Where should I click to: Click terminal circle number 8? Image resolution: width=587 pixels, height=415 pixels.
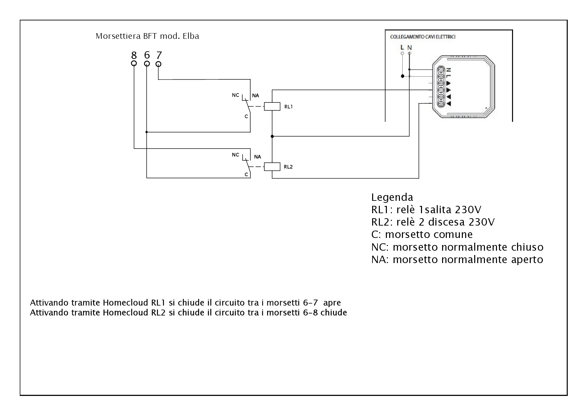coord(134,63)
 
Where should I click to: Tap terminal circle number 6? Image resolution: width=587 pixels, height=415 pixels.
coord(147,64)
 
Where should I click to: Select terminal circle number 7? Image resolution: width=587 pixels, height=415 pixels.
coord(159,64)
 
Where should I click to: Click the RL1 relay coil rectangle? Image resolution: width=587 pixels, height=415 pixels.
coord(272,106)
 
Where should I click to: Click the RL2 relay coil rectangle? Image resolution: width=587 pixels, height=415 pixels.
coord(272,167)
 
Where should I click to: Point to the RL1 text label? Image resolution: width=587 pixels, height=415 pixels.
coord(288,107)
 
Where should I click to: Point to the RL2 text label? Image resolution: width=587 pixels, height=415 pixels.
coord(288,167)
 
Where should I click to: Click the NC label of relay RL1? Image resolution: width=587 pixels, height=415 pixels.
coord(236,95)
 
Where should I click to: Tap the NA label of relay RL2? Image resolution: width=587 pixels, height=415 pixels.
coord(257,157)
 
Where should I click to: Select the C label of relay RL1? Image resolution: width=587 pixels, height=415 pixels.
coord(246,116)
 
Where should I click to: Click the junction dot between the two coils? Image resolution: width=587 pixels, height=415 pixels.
coord(272,136)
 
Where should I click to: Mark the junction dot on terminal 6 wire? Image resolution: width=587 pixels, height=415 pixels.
coord(147,132)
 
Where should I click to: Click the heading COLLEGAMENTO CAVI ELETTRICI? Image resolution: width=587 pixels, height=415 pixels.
coord(423,37)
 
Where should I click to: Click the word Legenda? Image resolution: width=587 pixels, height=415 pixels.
coord(392,197)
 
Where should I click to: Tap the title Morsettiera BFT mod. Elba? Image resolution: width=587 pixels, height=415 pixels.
coord(148,36)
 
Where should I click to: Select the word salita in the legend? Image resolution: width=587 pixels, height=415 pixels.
coord(436,210)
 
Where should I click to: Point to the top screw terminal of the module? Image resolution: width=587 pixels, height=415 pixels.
coord(441,70)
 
